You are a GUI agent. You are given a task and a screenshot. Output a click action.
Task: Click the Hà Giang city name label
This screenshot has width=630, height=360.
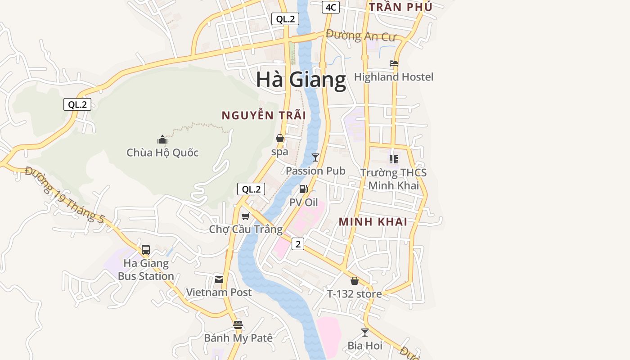click(301, 80)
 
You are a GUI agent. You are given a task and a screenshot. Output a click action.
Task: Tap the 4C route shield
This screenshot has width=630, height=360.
click(330, 7)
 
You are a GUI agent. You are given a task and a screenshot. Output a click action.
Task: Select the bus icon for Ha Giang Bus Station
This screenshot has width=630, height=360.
click(146, 250)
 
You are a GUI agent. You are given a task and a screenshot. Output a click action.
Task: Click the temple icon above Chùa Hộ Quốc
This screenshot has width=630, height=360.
click(162, 139)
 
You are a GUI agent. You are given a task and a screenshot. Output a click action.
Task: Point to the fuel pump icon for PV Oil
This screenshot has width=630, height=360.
click(304, 189)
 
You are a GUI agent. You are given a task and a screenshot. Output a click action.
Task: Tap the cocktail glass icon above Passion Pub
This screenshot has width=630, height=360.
click(315, 157)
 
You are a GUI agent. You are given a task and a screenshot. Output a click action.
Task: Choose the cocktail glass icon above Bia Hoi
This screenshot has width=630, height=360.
click(365, 333)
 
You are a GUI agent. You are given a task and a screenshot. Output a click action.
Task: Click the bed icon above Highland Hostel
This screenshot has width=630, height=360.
click(394, 64)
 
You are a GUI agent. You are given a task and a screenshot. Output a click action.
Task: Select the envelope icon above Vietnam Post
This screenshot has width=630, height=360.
click(219, 279)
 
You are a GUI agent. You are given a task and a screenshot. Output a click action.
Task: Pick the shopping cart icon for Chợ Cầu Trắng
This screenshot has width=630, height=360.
click(246, 216)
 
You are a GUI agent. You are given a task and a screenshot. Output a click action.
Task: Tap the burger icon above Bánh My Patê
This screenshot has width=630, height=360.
click(238, 324)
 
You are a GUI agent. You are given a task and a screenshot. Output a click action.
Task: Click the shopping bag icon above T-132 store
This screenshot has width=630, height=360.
click(355, 281)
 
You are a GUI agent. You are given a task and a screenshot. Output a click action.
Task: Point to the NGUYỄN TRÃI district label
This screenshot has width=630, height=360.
click(264, 116)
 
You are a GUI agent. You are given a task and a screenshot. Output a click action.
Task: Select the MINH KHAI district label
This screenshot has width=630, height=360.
click(373, 222)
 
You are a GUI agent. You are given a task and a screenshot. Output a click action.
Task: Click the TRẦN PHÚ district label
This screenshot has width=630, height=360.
click(400, 7)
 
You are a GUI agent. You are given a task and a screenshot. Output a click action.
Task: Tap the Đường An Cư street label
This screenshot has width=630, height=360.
click(361, 36)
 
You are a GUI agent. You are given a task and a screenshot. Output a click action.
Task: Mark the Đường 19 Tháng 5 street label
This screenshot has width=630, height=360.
click(65, 195)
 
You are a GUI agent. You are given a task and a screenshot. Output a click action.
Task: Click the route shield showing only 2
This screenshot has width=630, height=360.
click(297, 244)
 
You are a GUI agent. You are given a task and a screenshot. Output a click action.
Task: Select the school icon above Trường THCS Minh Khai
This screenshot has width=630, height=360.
click(394, 159)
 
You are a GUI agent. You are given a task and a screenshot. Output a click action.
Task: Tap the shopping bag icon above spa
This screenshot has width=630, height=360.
click(280, 138)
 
